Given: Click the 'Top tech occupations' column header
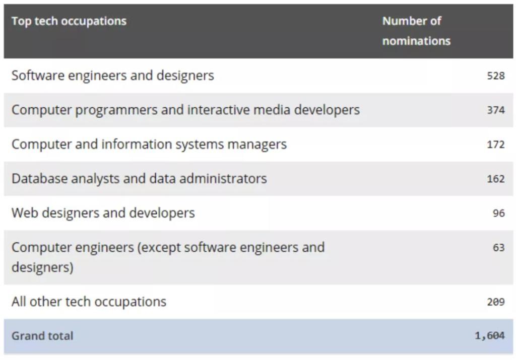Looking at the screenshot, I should click(69, 21).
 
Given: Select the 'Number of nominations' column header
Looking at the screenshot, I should click(416, 31).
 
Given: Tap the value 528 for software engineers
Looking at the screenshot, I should click(495, 76).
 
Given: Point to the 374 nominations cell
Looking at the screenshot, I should click(495, 110).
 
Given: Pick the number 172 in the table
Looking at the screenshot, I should click(495, 145).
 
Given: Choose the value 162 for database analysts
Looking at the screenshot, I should click(495, 179).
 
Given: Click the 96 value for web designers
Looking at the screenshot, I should click(498, 213).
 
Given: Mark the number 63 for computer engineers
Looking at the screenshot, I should click(498, 248).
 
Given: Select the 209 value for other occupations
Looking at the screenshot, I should click(495, 302).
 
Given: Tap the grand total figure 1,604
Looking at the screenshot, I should click(489, 336).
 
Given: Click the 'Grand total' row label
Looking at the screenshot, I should click(42, 336).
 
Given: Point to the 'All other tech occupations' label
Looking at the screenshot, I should click(89, 302).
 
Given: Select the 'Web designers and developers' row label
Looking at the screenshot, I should click(103, 213).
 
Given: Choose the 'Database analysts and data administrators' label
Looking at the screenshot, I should click(139, 179).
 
